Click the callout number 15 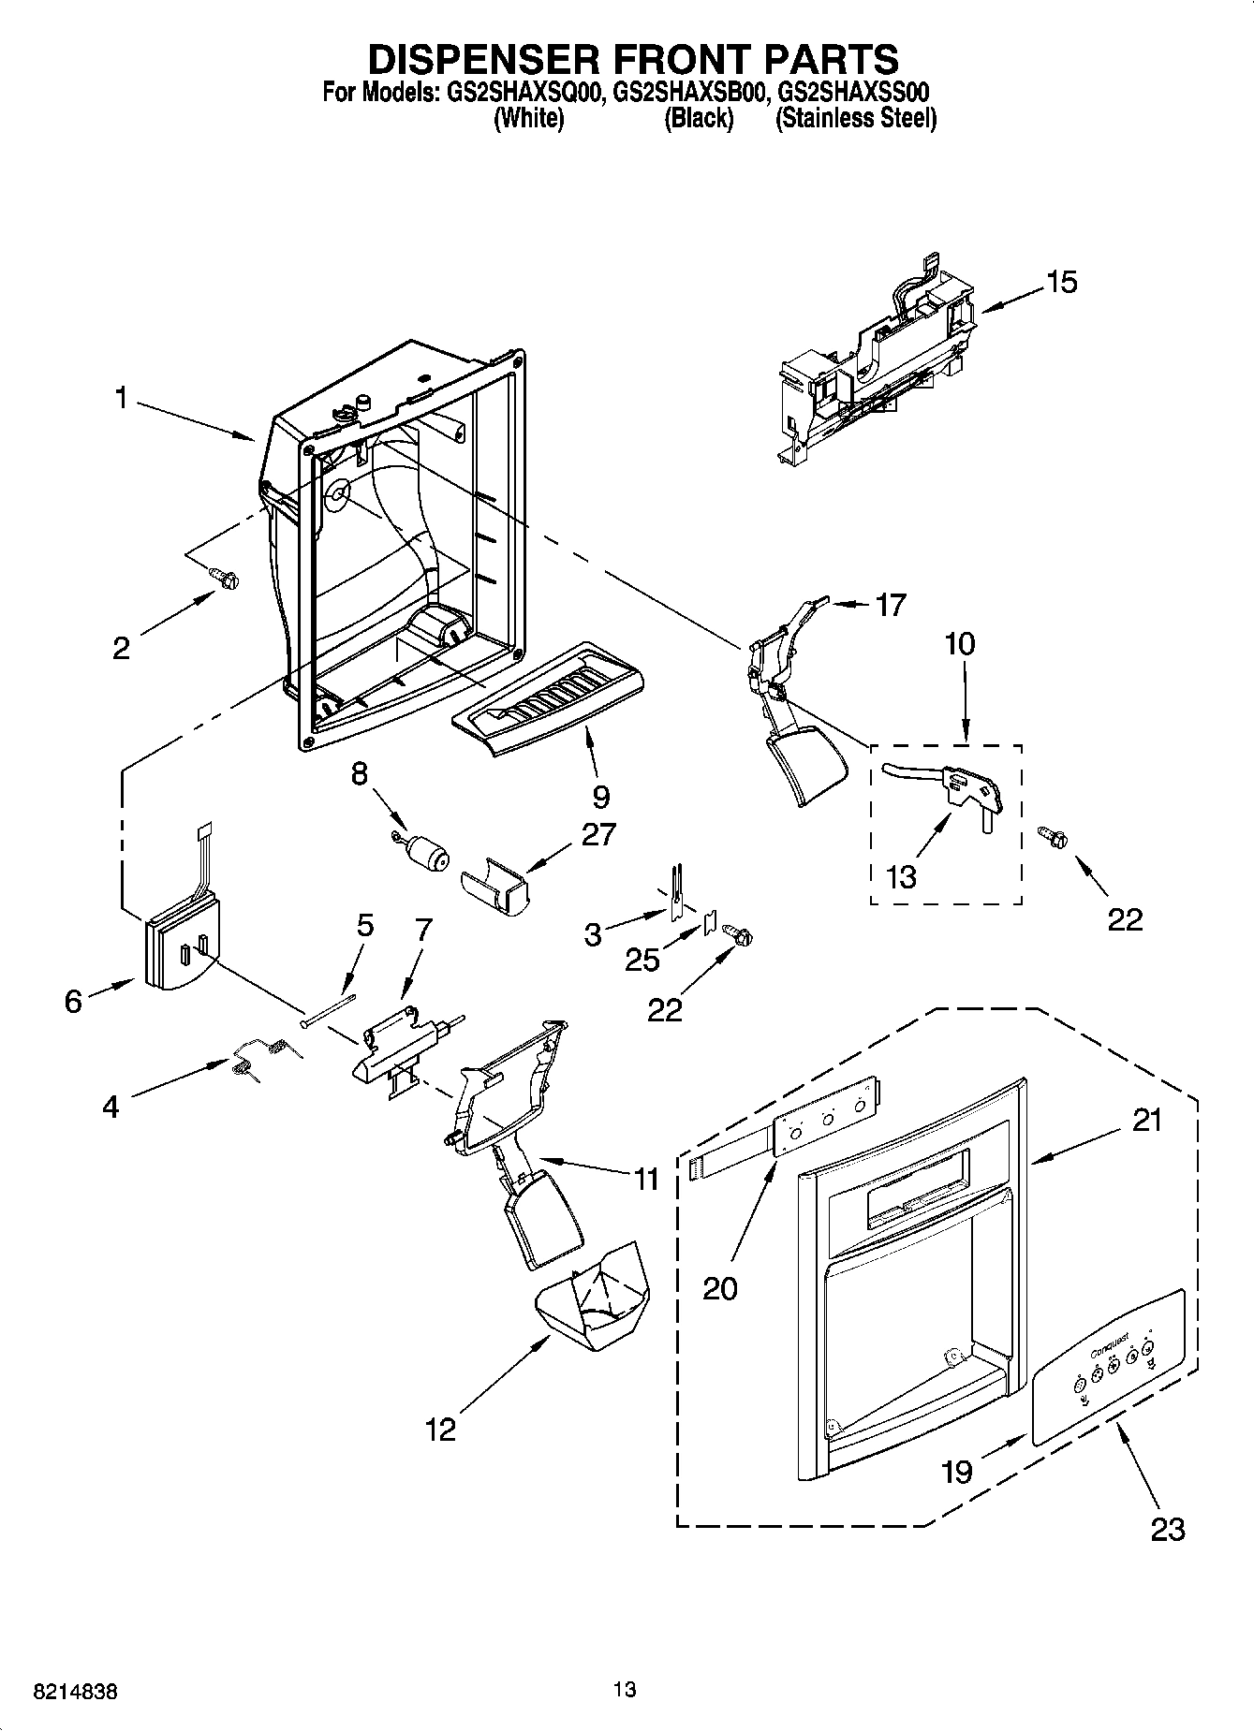(x=1062, y=282)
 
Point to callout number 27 (x=597, y=834)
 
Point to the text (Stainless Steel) (x=855, y=119)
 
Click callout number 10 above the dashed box (x=960, y=644)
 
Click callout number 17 (x=890, y=605)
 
